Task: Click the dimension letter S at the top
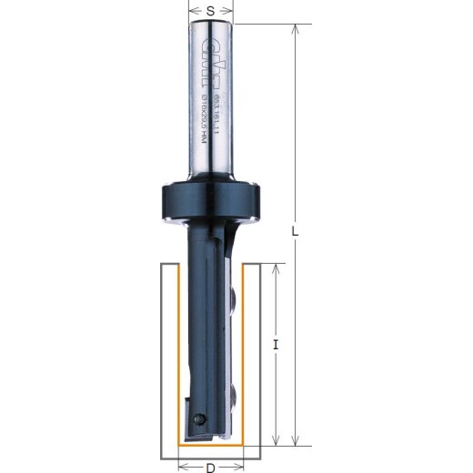(x=211, y=10)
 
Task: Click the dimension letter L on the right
(x=297, y=231)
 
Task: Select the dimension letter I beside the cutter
(x=275, y=346)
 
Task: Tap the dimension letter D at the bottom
(x=209, y=467)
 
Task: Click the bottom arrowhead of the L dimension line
(x=296, y=437)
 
